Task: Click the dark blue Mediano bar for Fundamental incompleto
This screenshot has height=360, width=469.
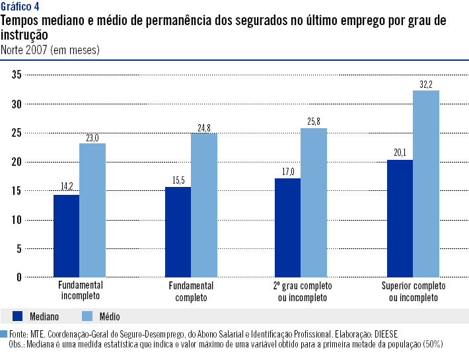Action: click(66, 235)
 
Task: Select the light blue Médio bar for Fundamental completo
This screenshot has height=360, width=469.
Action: click(203, 205)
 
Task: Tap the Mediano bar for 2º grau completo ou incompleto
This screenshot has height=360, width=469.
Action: click(287, 227)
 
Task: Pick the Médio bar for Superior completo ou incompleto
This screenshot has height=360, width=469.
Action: click(425, 184)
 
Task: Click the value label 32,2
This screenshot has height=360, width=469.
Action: click(425, 85)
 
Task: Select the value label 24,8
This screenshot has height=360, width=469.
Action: click(203, 127)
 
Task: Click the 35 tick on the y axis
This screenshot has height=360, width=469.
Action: click(17, 75)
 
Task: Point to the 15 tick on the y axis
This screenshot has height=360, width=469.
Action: click(17, 191)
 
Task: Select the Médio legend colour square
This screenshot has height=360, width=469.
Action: click(87, 316)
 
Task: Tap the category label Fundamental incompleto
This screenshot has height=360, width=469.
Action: click(79, 291)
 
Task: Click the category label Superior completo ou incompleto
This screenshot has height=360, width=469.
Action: click(414, 291)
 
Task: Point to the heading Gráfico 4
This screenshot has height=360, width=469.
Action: click(20, 7)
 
